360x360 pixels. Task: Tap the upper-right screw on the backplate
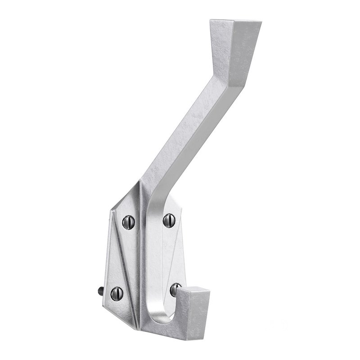tap(168, 219)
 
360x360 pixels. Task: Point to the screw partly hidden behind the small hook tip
tap(175, 288)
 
